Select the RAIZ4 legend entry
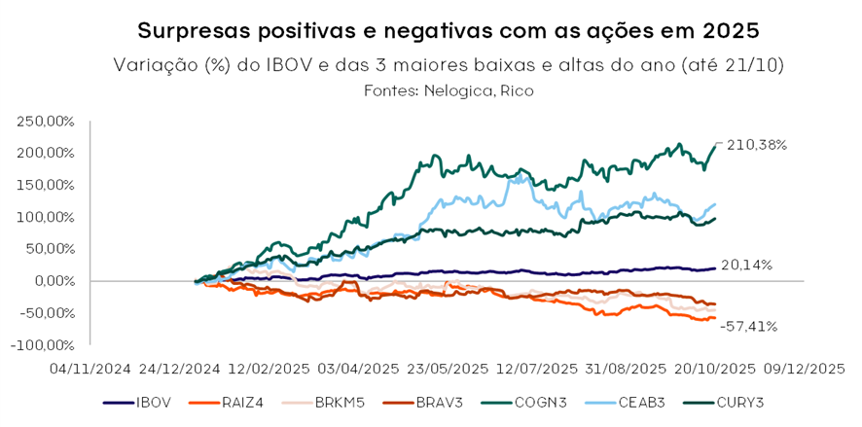click(x=236, y=402)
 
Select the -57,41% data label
click(x=748, y=327)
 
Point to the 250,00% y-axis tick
click(x=45, y=122)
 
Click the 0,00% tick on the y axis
click(x=54, y=281)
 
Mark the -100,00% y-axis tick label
click(x=43, y=345)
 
